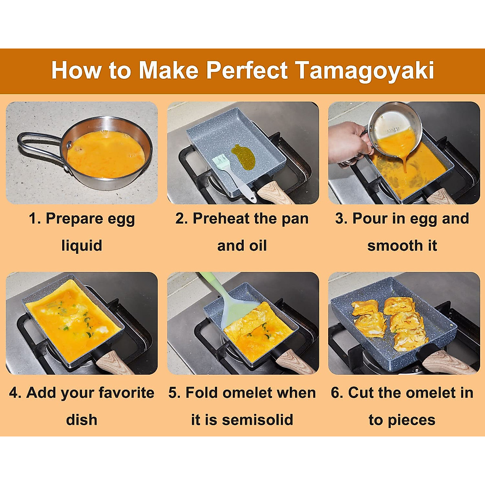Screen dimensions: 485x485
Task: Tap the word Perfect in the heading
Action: [247, 70]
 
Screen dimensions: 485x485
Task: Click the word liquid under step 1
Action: [82, 246]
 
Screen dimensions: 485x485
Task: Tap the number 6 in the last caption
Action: [335, 393]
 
